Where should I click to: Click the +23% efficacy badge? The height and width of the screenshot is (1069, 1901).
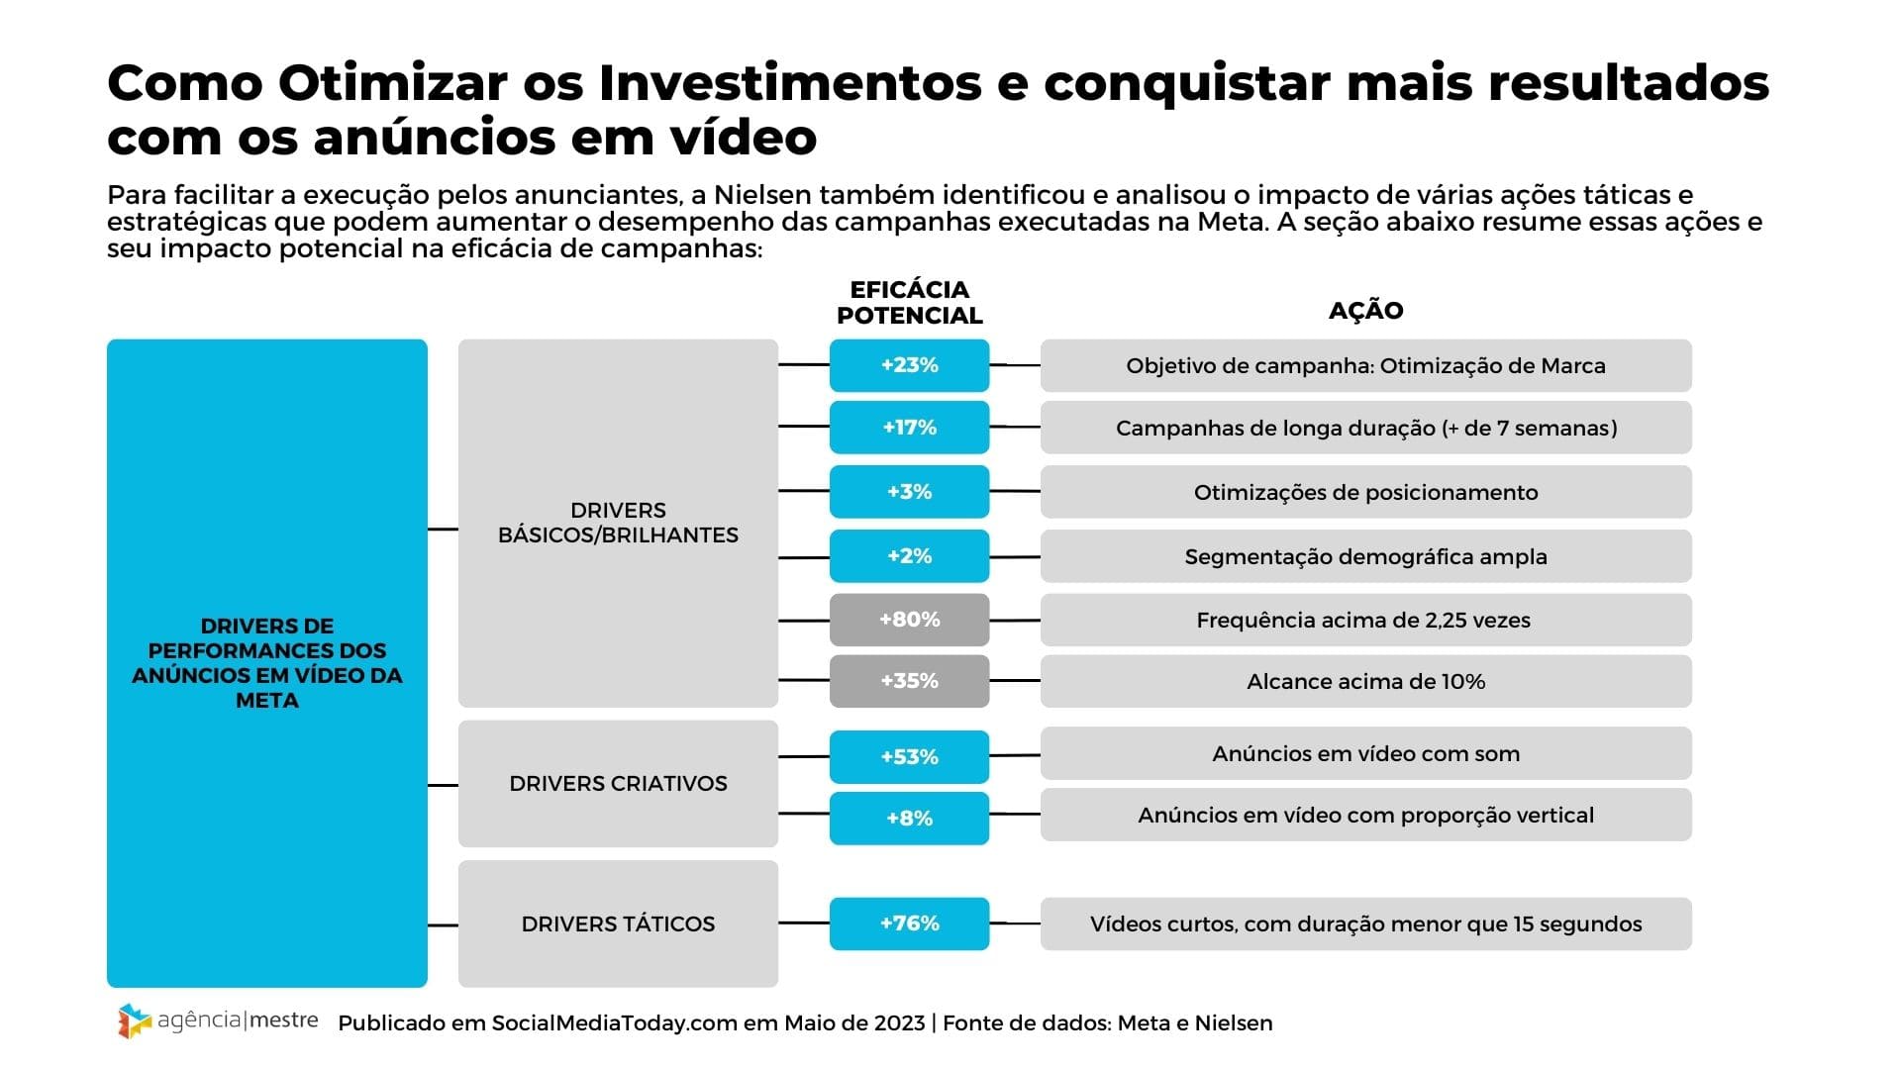(909, 365)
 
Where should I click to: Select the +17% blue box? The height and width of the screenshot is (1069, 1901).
(909, 428)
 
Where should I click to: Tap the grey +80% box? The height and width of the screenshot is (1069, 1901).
(909, 620)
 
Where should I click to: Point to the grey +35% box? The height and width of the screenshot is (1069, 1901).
(909, 681)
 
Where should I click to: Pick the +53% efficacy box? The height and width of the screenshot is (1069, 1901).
(909, 757)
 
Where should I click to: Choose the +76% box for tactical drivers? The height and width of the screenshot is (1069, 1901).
(909, 923)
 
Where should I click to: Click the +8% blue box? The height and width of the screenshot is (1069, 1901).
(909, 819)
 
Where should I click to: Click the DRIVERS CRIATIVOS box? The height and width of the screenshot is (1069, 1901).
(618, 783)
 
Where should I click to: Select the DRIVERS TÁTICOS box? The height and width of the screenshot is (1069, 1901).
(618, 923)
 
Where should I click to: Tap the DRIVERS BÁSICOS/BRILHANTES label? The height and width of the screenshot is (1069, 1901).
(618, 523)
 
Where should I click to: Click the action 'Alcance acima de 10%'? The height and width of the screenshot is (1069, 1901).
(1365, 681)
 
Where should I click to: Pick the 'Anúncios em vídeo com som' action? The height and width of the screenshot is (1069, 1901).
(1365, 754)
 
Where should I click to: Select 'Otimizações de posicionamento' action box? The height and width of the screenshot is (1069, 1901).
(1365, 492)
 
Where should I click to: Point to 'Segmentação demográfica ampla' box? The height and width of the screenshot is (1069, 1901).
(1365, 556)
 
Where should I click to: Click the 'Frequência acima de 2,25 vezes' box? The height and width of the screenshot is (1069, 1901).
(1365, 621)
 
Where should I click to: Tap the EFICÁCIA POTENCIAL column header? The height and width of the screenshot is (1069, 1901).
(909, 303)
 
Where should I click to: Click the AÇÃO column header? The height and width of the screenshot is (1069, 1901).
(1365, 311)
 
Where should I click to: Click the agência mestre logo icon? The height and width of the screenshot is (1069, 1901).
(134, 1020)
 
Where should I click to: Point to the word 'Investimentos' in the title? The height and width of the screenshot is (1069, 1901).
(790, 83)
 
